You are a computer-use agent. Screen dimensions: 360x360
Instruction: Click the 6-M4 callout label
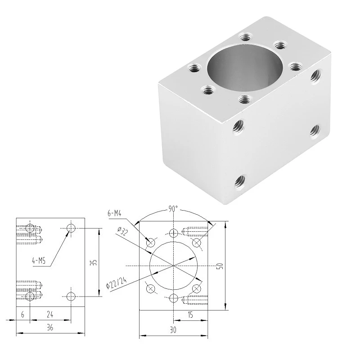(x=114, y=213)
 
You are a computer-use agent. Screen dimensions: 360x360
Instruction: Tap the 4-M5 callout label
(x=39, y=261)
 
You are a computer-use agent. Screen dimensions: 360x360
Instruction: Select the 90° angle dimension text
(x=173, y=209)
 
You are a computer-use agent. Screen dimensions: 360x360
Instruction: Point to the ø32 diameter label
(x=122, y=231)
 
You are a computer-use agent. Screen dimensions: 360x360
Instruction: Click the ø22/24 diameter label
(x=117, y=283)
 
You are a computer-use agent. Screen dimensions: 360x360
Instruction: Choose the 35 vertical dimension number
(x=94, y=262)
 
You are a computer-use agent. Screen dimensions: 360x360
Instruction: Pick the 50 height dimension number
(x=220, y=266)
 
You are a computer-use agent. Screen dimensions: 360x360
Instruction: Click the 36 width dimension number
(x=50, y=328)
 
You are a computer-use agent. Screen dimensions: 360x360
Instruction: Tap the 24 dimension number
(x=50, y=315)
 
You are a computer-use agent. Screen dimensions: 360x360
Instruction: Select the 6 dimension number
(x=22, y=315)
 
